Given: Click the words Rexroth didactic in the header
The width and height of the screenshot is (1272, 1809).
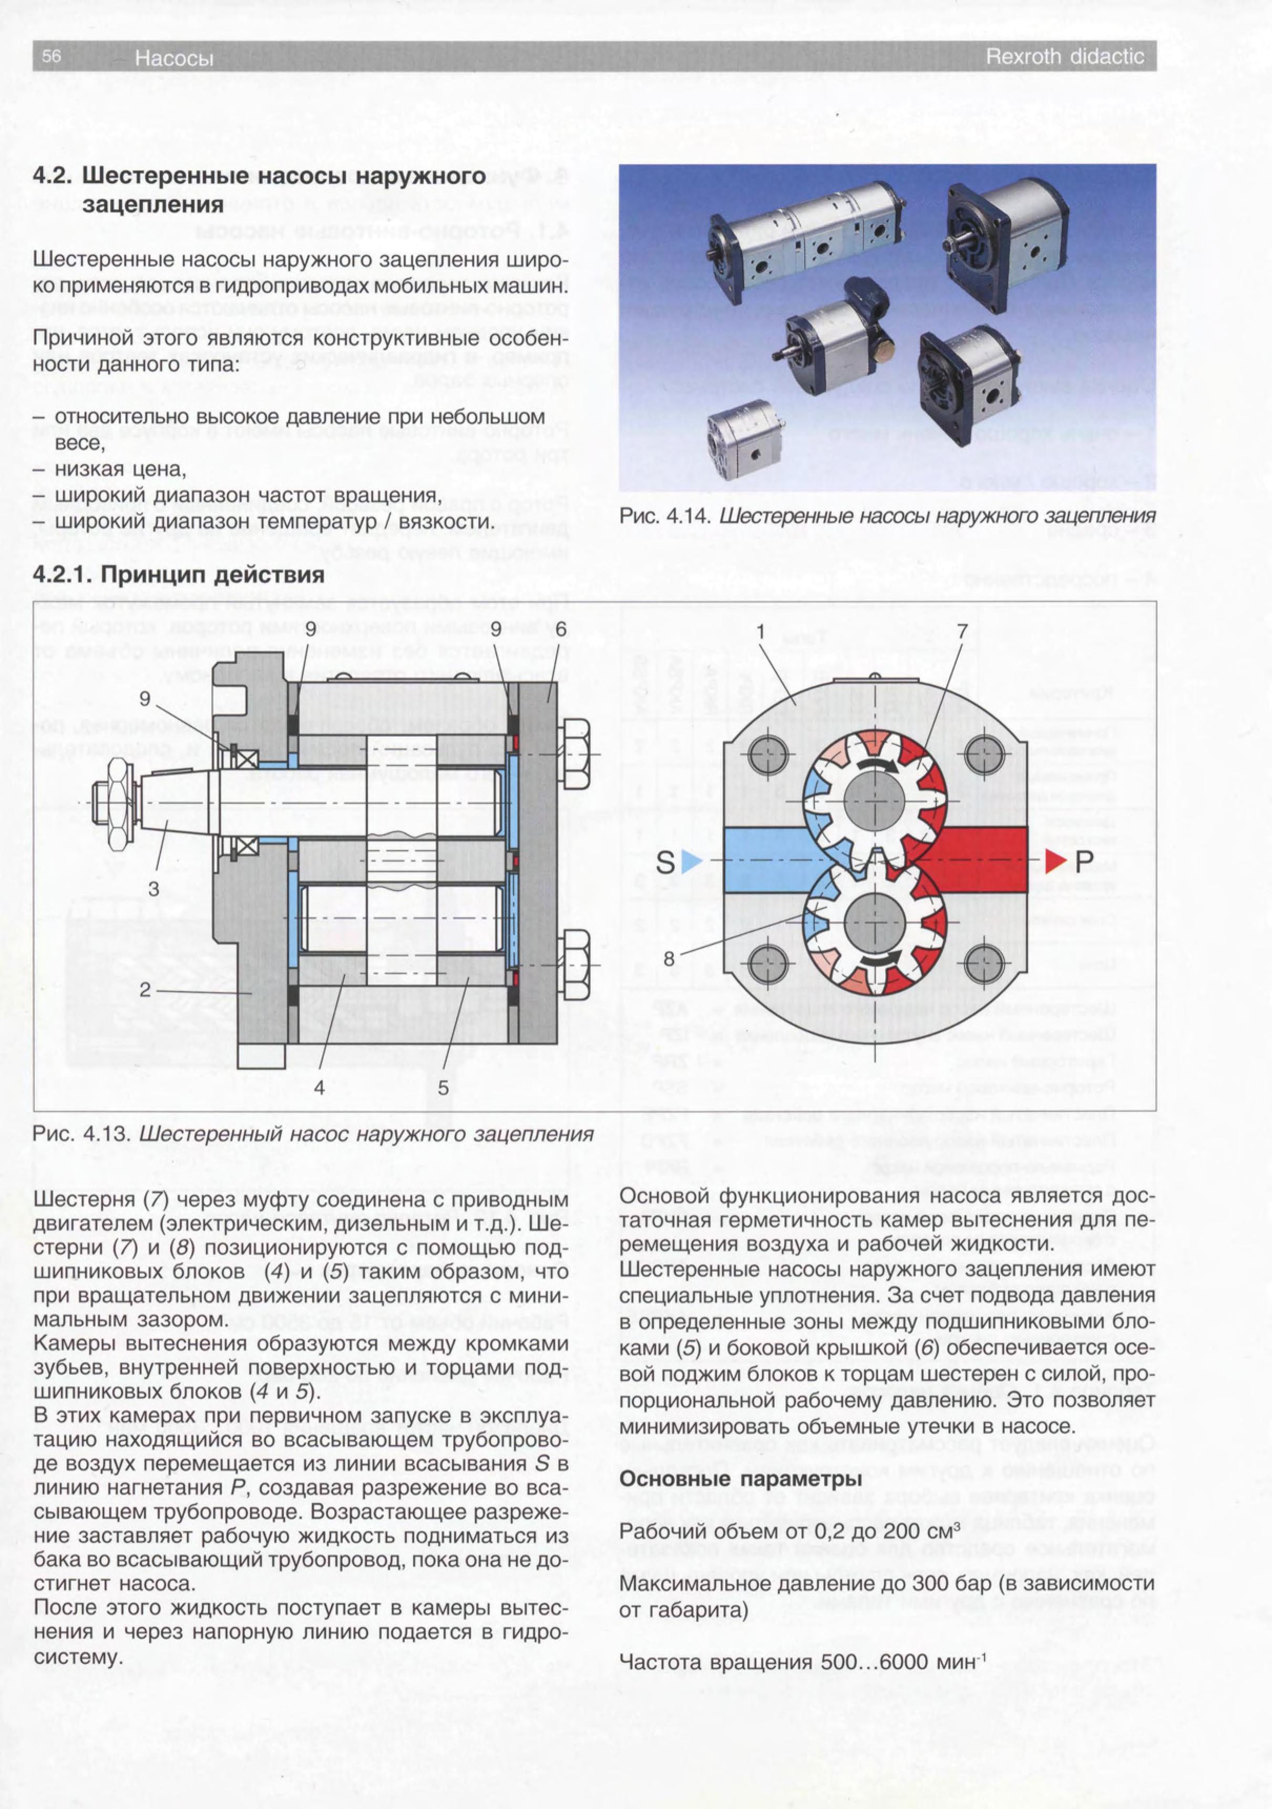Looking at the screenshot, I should [x=1065, y=57].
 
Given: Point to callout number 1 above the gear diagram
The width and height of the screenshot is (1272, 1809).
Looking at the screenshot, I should [x=762, y=632].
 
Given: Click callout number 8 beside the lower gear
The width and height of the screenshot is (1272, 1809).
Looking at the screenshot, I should [x=669, y=959].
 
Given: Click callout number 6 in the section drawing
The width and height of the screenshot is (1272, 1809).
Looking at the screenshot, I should [x=560, y=629].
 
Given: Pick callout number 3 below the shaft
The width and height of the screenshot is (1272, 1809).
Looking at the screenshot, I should [x=153, y=888].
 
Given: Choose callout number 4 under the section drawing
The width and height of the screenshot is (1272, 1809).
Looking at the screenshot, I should [x=319, y=1088].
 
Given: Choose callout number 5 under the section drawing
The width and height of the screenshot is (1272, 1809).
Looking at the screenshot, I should [x=444, y=1088].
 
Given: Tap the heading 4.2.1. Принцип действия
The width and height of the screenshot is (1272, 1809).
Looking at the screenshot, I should [x=179, y=574].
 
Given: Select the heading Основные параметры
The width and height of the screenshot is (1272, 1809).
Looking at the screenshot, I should [x=741, y=1479].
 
